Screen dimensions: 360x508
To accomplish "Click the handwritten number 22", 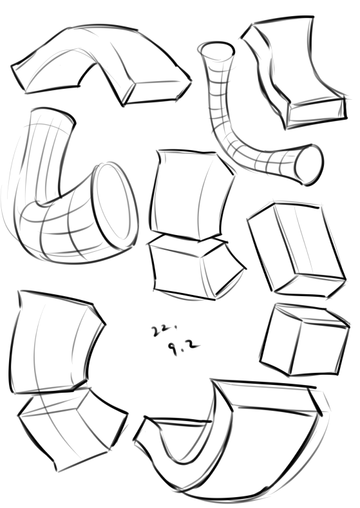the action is click(160, 331).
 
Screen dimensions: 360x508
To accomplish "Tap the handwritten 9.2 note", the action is click(183, 348).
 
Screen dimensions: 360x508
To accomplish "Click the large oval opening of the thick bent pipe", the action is click(116, 206).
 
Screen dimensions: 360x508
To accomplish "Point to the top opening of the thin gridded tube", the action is click(217, 52).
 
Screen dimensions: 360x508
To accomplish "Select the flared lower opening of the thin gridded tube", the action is click(309, 165).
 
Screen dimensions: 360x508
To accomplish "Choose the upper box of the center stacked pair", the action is click(191, 195).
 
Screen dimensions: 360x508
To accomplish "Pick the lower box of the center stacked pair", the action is click(194, 268).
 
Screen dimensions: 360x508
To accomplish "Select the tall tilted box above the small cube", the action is click(296, 249).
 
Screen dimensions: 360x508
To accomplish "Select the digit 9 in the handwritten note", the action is click(173, 349).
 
